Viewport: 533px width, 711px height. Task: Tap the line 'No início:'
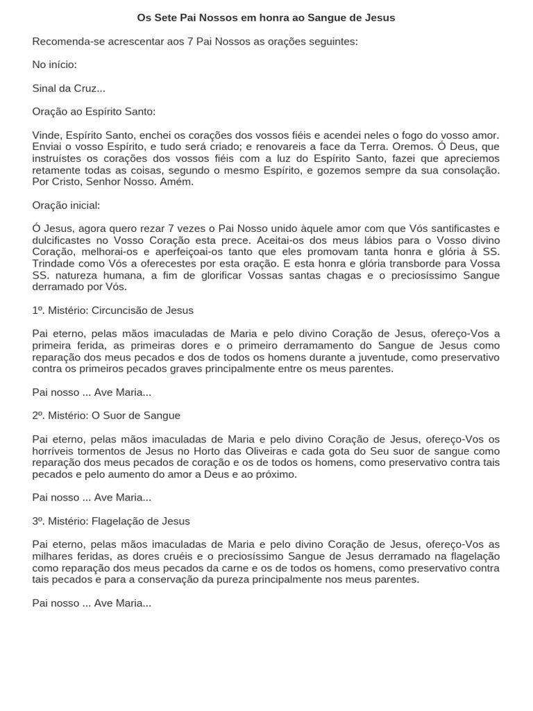[x=54, y=65]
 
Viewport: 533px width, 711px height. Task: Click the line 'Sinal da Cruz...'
[x=69, y=88]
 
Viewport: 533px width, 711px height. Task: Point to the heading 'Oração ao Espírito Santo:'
[x=94, y=111]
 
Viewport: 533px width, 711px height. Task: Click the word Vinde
[x=46, y=135]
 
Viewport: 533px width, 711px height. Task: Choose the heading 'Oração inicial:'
[x=66, y=206]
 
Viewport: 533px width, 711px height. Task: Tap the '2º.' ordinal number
[x=39, y=415]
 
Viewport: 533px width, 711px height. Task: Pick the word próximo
[x=274, y=474]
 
